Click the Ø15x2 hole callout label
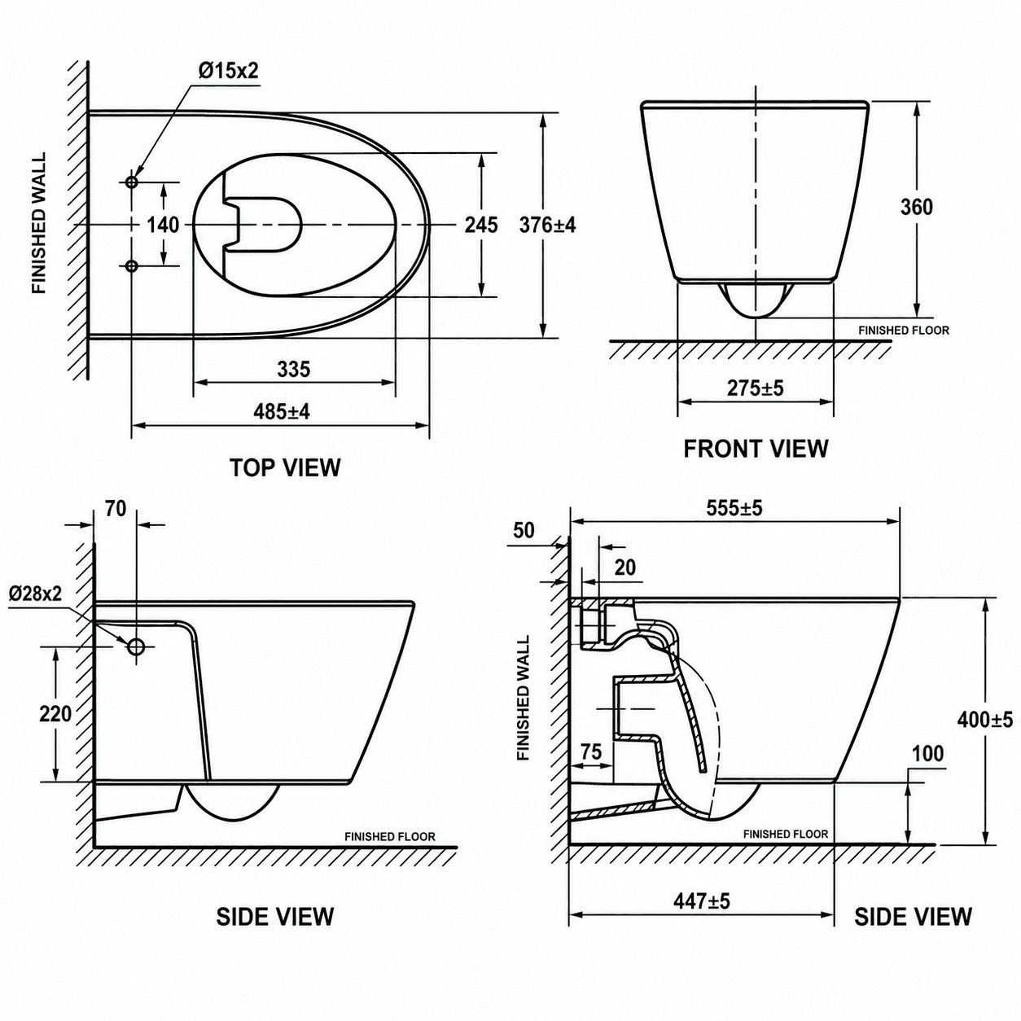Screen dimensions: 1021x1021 [228, 71]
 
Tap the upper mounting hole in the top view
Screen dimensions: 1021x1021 [131, 182]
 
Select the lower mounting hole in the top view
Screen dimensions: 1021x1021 [131, 265]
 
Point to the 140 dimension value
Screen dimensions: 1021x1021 [163, 226]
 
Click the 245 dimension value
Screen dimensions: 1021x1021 [481, 226]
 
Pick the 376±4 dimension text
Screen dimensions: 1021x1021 [547, 226]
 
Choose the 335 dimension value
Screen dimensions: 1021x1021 [294, 370]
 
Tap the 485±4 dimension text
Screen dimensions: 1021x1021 [282, 411]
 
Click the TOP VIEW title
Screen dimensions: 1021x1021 [285, 468]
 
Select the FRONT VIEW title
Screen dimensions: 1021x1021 [756, 449]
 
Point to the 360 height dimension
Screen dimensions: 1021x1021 [917, 207]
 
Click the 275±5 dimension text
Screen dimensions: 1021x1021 [755, 388]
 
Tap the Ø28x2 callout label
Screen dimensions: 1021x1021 [35, 594]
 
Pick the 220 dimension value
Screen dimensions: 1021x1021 [55, 714]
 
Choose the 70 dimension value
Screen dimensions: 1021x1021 [116, 509]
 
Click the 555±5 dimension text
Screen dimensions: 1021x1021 [734, 508]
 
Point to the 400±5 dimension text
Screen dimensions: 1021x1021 [985, 720]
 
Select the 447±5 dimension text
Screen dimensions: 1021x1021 [702, 900]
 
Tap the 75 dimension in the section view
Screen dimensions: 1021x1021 [591, 752]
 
